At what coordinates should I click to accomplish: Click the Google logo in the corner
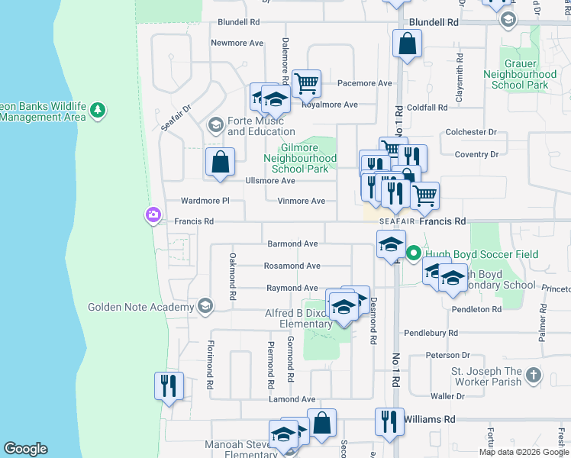click(x=25, y=449)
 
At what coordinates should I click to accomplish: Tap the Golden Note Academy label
click(x=141, y=308)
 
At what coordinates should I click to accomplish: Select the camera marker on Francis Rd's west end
click(x=153, y=215)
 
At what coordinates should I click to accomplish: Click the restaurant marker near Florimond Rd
click(x=169, y=385)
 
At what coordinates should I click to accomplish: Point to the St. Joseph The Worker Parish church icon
click(x=533, y=376)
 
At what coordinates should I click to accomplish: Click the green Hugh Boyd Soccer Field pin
click(x=415, y=253)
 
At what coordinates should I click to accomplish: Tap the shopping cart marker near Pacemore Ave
click(x=306, y=83)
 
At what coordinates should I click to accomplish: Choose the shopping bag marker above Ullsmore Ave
click(x=220, y=161)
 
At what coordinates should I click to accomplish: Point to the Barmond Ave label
click(x=292, y=244)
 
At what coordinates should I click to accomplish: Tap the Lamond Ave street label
click(x=292, y=399)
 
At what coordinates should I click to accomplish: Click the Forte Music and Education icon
click(x=216, y=124)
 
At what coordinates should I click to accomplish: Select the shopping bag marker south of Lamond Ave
click(x=321, y=424)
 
